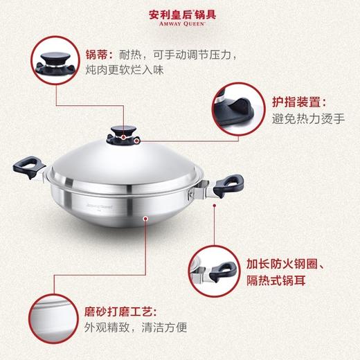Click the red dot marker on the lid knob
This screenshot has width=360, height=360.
coord(125,136)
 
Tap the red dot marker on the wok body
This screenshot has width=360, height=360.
coord(145,219)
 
